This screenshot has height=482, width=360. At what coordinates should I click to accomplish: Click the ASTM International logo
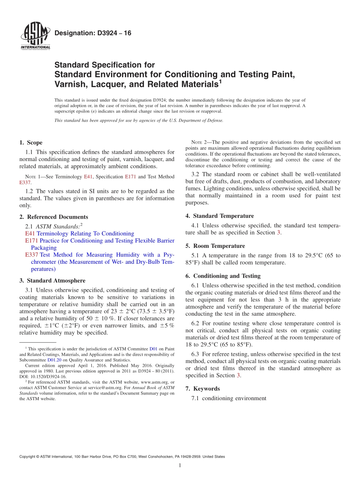(x=35, y=36)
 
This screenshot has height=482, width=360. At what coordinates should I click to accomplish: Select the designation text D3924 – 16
(x=93, y=33)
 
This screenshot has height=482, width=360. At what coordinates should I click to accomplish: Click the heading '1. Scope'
(x=31, y=143)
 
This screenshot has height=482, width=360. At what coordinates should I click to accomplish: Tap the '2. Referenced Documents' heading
(x=53, y=217)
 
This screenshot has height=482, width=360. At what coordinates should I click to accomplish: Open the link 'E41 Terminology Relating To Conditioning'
(x=79, y=233)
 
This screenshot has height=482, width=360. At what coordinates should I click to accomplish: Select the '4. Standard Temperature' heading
(x=219, y=216)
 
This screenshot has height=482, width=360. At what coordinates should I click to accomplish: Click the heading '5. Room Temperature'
(x=215, y=246)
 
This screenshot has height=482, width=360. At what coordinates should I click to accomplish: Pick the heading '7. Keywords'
(x=202, y=389)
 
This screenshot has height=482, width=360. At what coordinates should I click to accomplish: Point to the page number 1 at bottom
(x=180, y=466)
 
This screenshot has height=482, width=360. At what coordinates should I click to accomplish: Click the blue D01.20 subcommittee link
(x=54, y=360)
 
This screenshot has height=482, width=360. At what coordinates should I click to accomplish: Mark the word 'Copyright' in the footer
(x=29, y=457)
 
